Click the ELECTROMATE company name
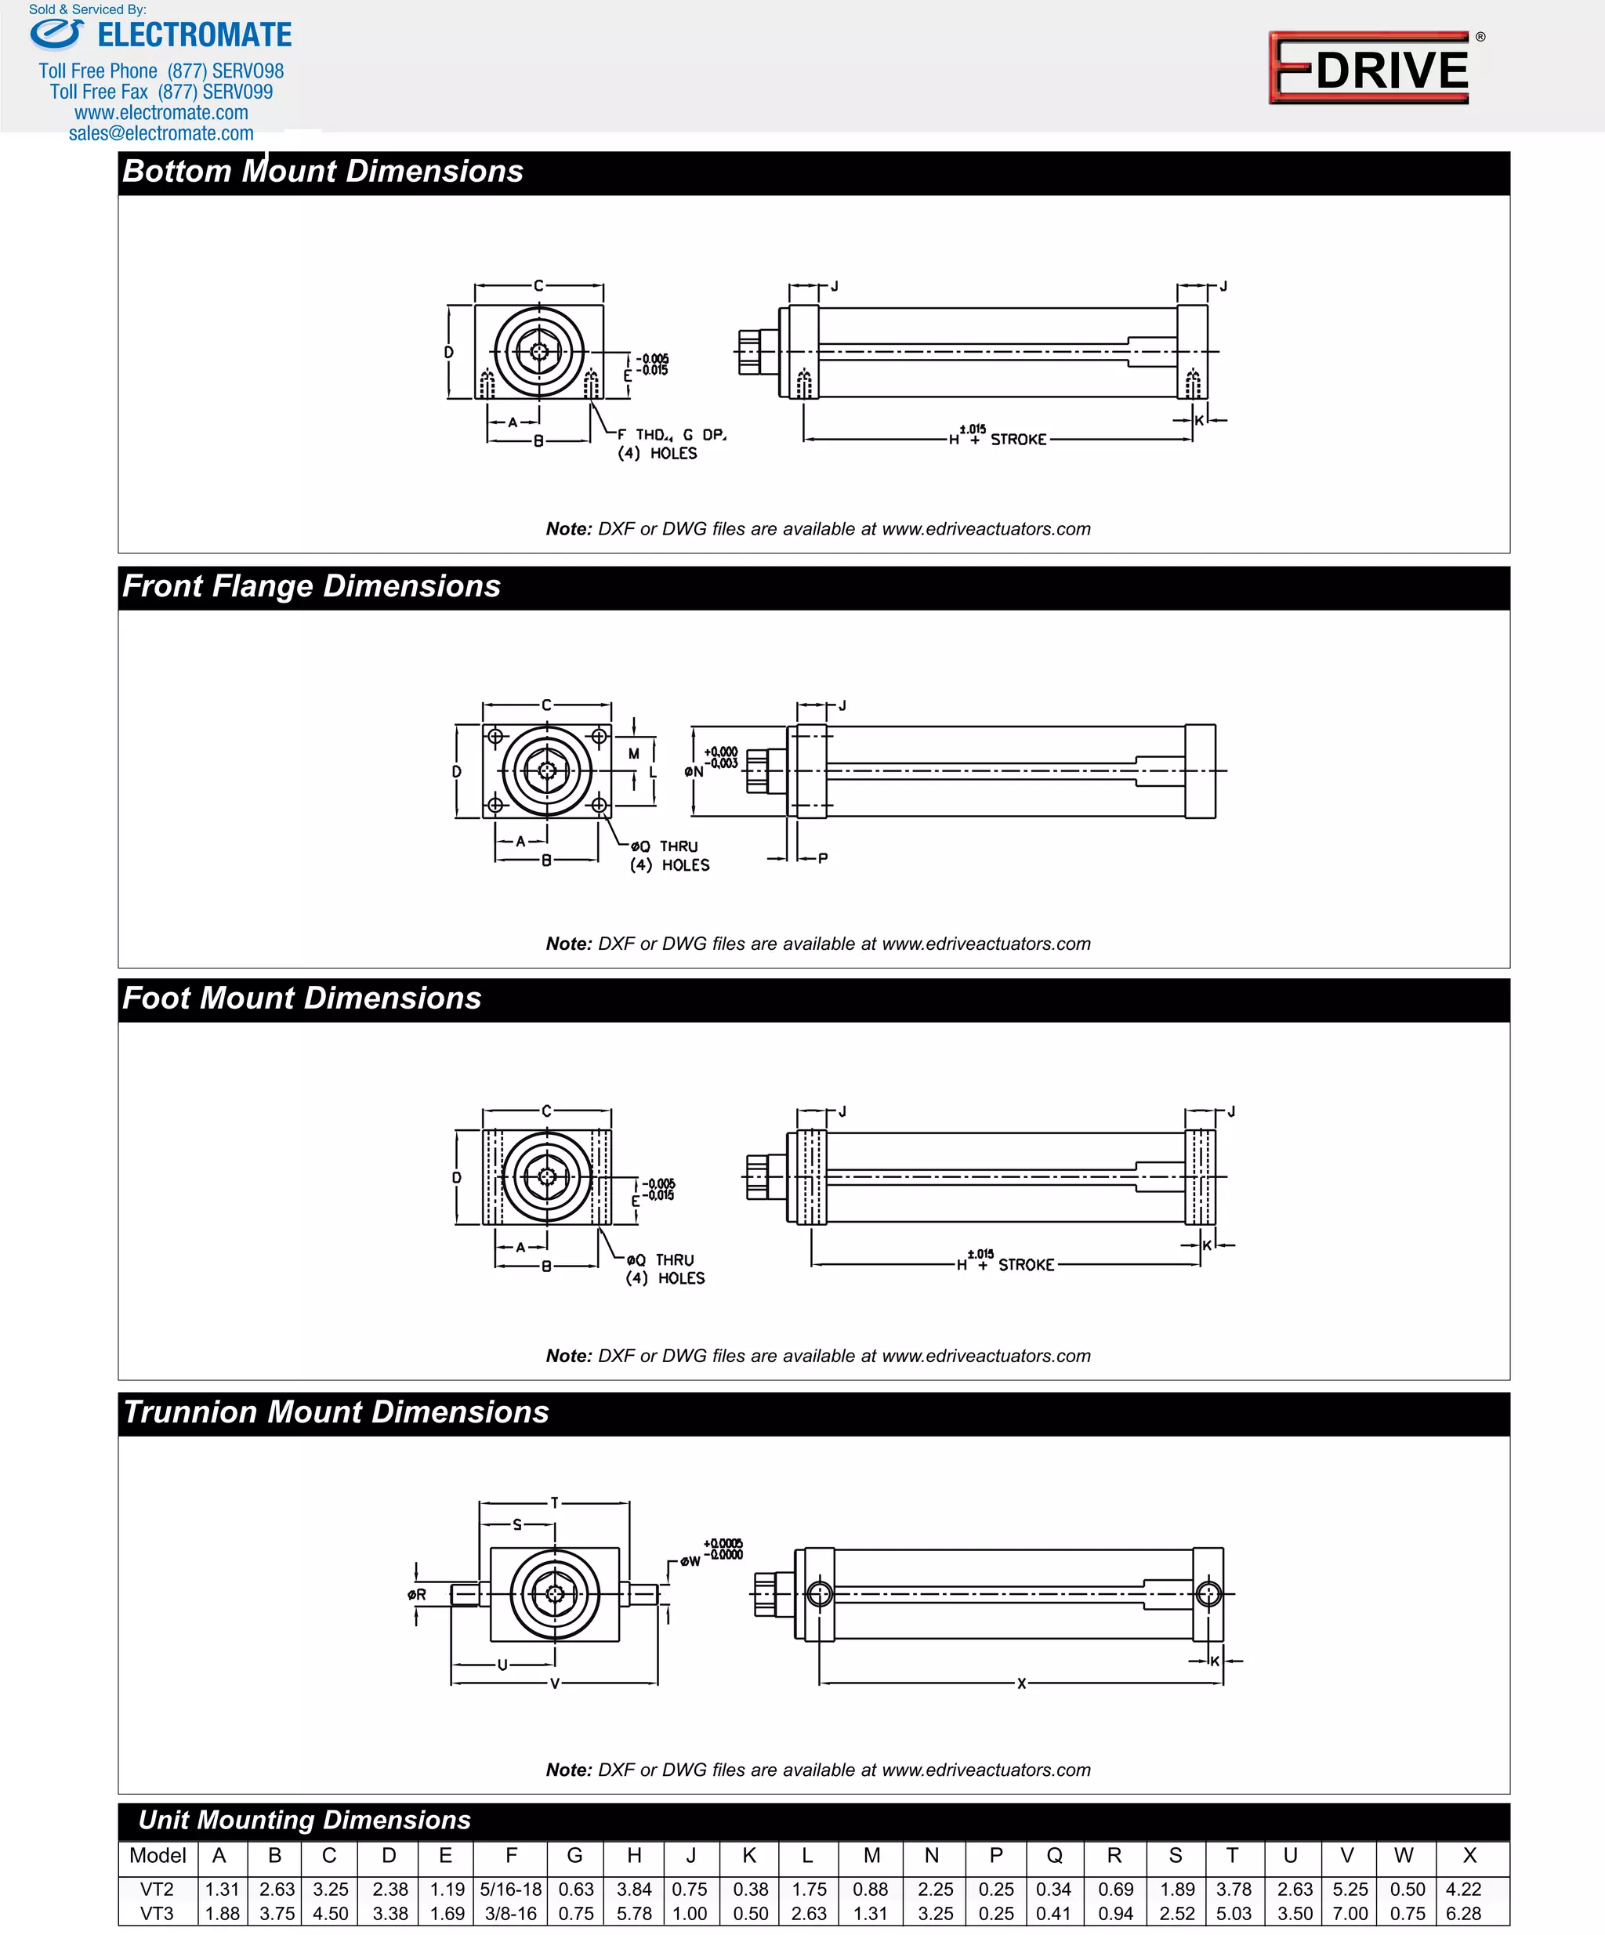click(x=194, y=36)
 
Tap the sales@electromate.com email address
click(x=161, y=133)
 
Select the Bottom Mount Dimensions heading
click(x=322, y=172)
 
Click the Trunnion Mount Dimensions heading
click(x=335, y=1412)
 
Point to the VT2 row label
click(x=157, y=1889)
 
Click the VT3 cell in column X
click(x=1463, y=1913)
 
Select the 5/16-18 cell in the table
click(x=510, y=1889)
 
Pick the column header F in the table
click(x=510, y=1855)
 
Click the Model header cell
click(x=158, y=1855)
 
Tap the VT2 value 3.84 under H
click(x=634, y=1889)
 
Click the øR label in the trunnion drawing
click(x=418, y=1594)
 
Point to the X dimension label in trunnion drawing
click(x=1021, y=1683)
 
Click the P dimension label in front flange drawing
click(x=823, y=858)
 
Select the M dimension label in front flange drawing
click(x=634, y=754)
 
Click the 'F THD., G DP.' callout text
click(x=672, y=434)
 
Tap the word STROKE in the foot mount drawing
click(x=1026, y=1264)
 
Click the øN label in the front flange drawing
click(x=694, y=771)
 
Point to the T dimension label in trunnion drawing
click(x=555, y=1502)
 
